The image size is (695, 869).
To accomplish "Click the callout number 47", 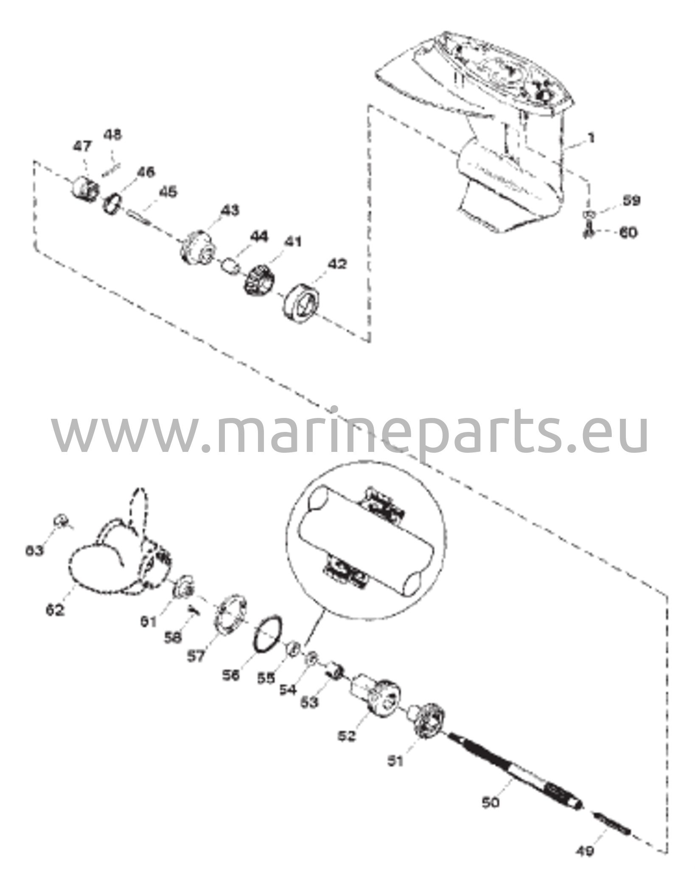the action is click(x=82, y=146).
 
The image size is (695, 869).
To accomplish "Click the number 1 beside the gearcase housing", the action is click(x=591, y=138).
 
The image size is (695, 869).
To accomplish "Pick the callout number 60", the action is click(x=628, y=233).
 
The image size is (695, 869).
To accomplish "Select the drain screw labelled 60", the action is click(x=588, y=232).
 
